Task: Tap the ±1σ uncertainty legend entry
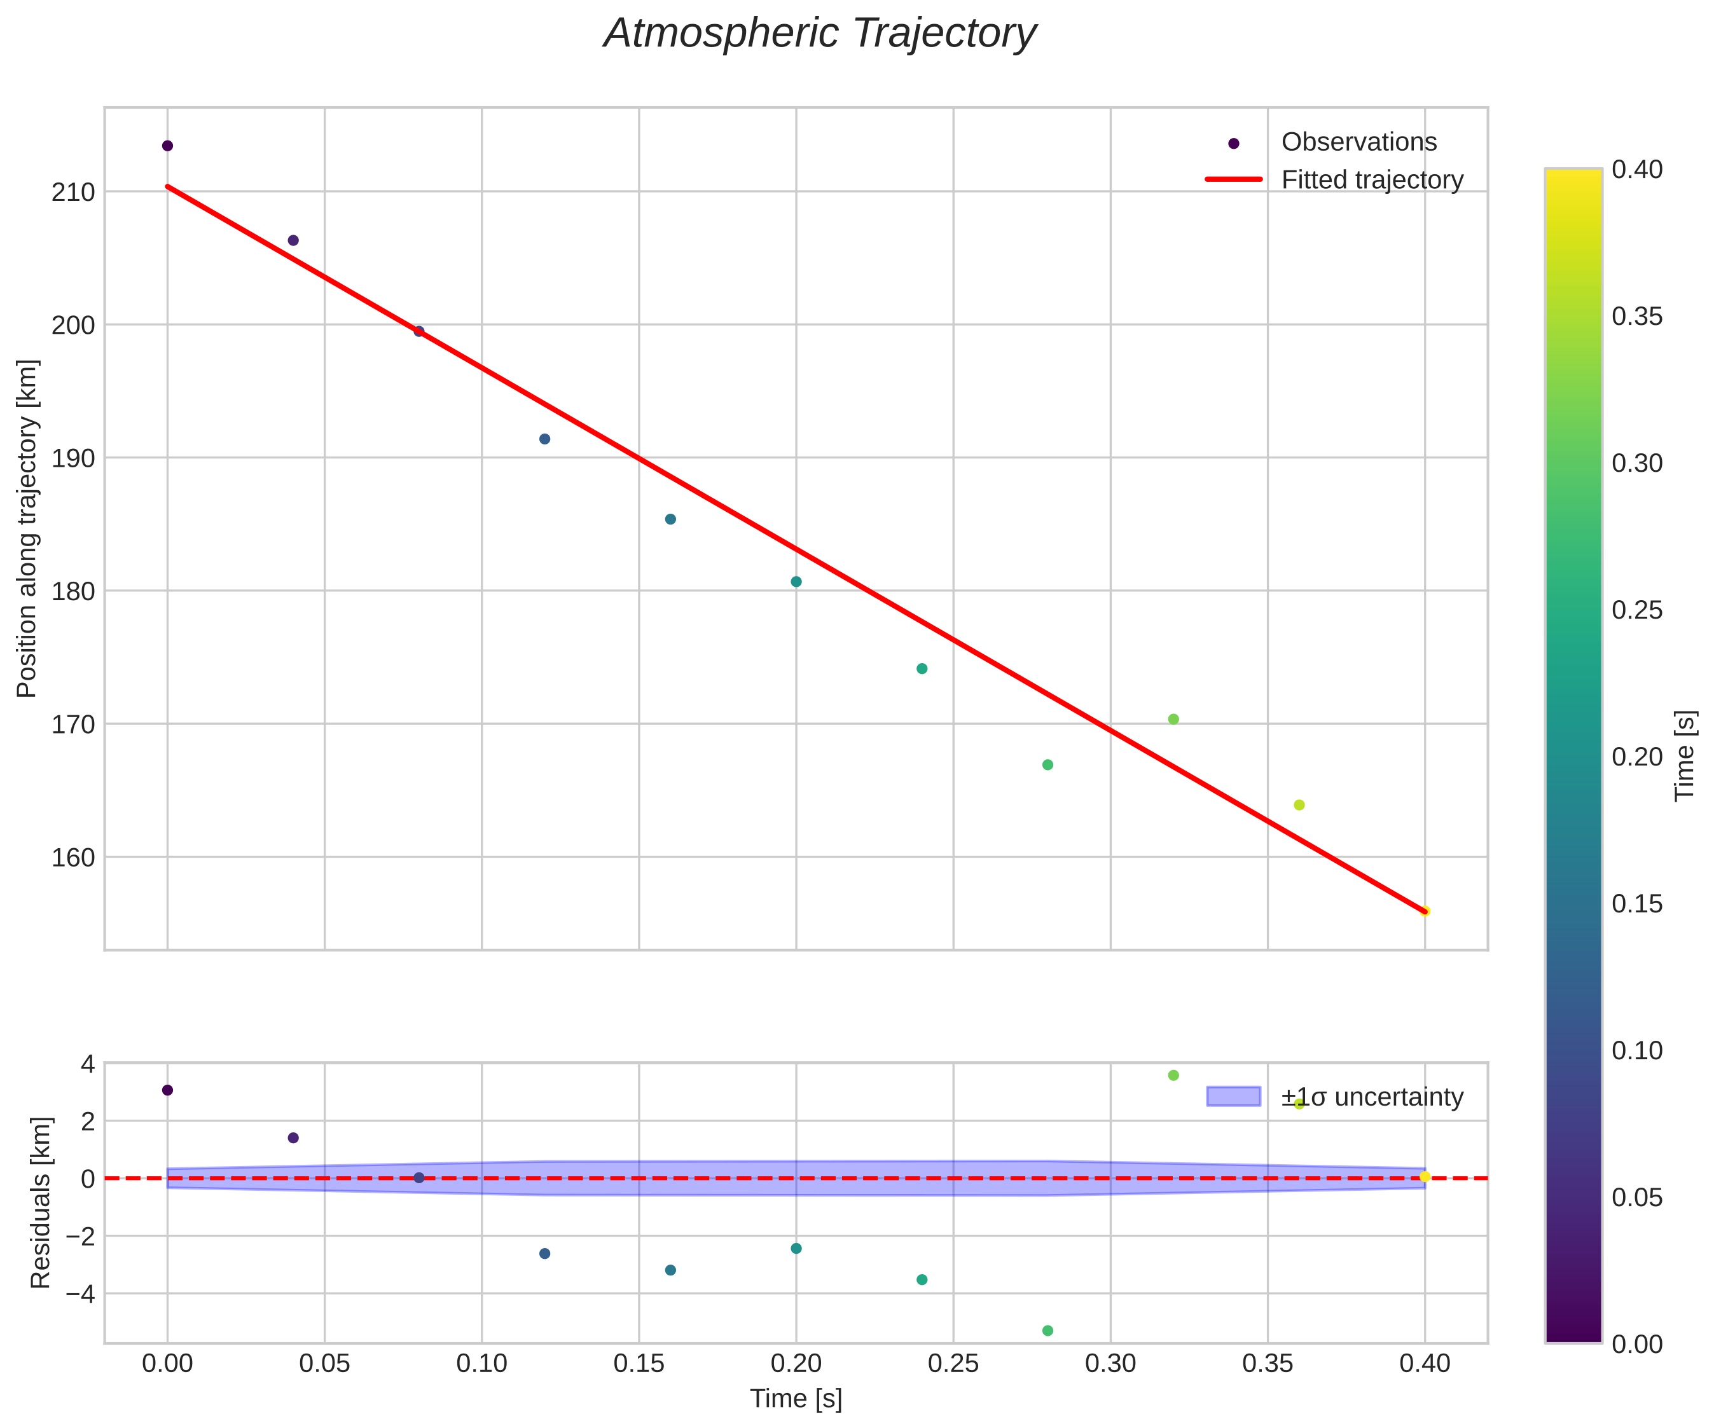[x=1371, y=1097]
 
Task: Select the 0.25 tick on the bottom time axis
[x=953, y=1364]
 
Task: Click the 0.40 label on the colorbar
[x=1637, y=169]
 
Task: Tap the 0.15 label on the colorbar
[x=1637, y=903]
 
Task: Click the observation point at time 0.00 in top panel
[x=167, y=146]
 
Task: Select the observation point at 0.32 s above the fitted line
[x=1173, y=719]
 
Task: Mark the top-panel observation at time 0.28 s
[x=1047, y=765]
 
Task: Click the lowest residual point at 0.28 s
[x=1047, y=1331]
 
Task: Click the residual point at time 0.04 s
[x=293, y=1137]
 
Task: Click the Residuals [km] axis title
[x=40, y=1203]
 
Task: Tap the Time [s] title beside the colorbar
[x=1685, y=755]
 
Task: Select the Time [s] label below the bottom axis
[x=796, y=1399]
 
